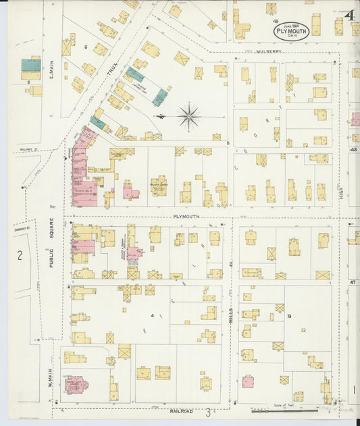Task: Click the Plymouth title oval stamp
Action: tap(292, 30)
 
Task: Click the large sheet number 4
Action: tap(350, 15)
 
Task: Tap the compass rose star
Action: tap(188, 116)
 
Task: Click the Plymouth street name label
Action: tap(183, 217)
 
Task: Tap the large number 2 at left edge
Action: tap(20, 255)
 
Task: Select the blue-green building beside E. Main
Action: tap(31, 65)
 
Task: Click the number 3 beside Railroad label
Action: tap(209, 410)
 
